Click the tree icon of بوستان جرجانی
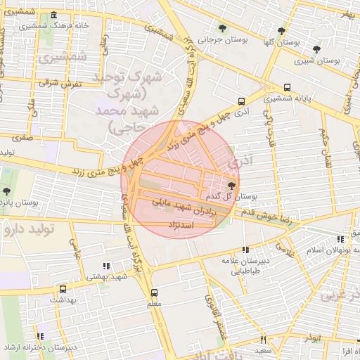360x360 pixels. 223,29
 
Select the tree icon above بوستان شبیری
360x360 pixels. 317,49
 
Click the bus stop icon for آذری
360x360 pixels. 242,101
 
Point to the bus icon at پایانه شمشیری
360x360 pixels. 287,88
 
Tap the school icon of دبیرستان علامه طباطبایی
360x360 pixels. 245,250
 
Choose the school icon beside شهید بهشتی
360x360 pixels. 106,266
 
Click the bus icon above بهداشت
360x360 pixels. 63,289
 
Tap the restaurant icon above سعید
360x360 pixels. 263,340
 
